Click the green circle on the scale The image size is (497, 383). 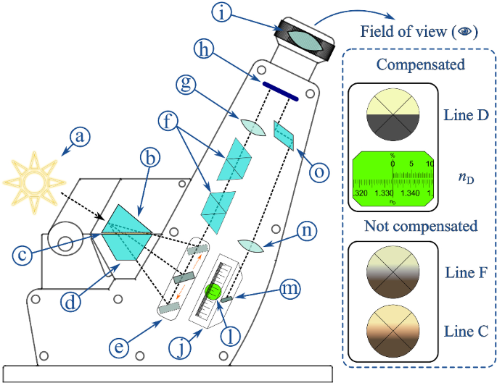click(x=213, y=292)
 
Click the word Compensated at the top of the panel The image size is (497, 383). click(x=421, y=65)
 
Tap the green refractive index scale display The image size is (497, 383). click(x=393, y=180)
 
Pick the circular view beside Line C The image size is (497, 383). click(x=393, y=329)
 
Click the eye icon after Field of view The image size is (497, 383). click(x=467, y=33)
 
